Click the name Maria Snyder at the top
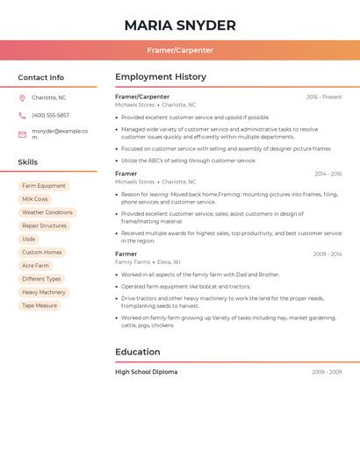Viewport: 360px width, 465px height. [180, 25]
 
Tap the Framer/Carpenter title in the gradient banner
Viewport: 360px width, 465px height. [180, 50]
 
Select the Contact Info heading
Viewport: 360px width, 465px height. [41, 77]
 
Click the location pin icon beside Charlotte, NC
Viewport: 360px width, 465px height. [22, 97]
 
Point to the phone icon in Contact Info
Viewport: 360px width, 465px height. [22, 115]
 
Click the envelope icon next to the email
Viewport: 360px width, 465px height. [22, 134]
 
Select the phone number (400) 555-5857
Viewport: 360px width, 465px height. [50, 115]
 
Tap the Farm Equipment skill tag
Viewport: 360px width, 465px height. [44, 186]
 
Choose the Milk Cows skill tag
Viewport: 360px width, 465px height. [35, 199]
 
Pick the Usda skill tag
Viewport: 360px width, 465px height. [29, 239]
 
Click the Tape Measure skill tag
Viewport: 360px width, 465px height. [40, 305]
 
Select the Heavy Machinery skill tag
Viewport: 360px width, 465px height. [44, 292]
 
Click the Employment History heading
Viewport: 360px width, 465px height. [161, 77]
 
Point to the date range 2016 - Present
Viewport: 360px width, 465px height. [324, 97]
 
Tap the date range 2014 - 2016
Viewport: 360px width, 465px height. [328, 174]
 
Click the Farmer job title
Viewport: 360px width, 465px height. [126, 254]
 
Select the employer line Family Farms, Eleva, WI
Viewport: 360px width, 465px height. [148, 262]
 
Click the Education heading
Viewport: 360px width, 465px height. [138, 352]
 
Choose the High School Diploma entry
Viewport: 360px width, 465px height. [147, 372]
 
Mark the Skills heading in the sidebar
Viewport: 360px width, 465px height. [28, 162]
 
